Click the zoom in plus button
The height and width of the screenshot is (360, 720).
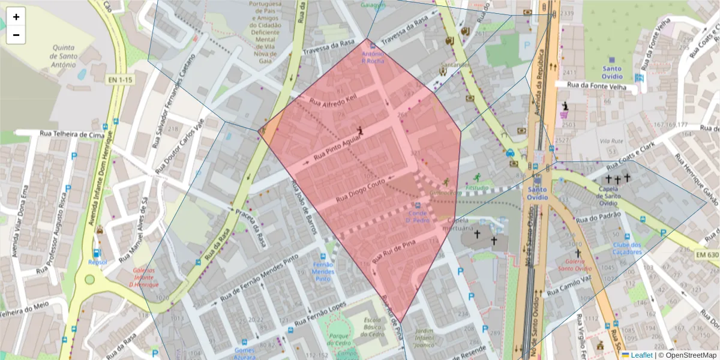[16, 17]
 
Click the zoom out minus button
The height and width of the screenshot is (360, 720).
[16, 35]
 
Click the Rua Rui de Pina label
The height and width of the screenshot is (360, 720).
[394, 251]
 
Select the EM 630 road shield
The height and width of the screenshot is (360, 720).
[707, 255]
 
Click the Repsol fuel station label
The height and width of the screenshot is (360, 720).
[97, 262]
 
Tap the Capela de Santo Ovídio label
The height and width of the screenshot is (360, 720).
[616, 196]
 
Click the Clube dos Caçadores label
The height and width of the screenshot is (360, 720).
[627, 248]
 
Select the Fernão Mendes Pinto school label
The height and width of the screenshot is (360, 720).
[323, 272]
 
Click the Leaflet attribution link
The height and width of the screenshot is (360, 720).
[641, 355]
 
